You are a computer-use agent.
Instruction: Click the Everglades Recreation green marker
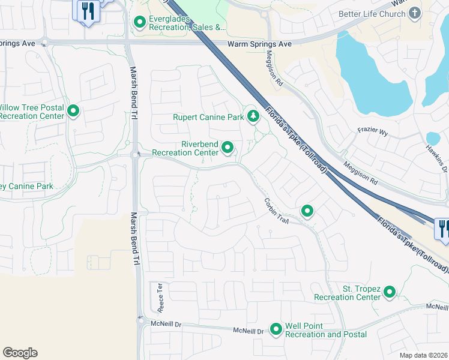(x=140, y=23)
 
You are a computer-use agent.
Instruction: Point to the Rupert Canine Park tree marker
(x=253, y=116)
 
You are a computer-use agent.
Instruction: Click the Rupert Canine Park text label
(x=208, y=117)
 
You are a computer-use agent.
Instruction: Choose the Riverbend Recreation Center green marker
(x=228, y=147)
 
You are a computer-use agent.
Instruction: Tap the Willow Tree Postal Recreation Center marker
(x=73, y=111)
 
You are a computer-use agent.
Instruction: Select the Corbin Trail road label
(x=277, y=211)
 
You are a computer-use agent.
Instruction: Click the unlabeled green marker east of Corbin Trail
(x=307, y=211)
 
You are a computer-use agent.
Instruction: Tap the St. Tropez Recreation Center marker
(x=390, y=292)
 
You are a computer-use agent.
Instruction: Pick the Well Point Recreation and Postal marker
(x=276, y=329)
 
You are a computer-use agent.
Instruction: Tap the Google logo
(x=20, y=353)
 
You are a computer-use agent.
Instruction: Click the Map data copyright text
(x=423, y=355)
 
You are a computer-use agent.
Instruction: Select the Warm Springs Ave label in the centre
(x=259, y=44)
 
